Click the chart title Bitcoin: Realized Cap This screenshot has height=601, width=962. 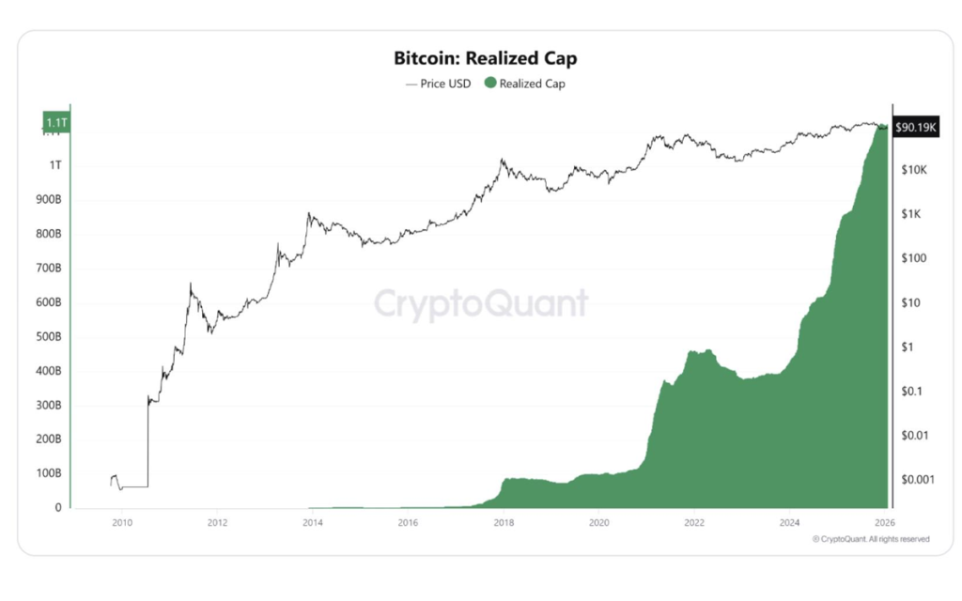[485, 58]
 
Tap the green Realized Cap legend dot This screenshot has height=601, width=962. [489, 84]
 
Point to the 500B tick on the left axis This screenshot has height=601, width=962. [49, 337]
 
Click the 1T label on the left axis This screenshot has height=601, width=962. [55, 165]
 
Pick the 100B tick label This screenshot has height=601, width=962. [49, 473]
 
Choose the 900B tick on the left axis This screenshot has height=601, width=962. [49, 200]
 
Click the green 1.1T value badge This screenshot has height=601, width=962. [55, 122]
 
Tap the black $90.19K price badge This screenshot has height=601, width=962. [916, 126]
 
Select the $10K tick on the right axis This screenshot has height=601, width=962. [913, 170]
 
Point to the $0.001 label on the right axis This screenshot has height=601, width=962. [917, 479]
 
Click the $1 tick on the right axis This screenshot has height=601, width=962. [907, 347]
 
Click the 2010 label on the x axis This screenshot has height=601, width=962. [122, 523]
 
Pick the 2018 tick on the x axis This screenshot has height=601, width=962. [504, 523]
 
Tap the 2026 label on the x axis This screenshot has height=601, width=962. [884, 523]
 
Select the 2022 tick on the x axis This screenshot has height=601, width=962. [694, 523]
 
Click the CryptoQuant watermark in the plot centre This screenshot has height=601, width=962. [481, 303]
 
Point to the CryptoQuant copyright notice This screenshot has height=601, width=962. [871, 539]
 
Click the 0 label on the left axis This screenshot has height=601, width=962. [58, 508]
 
